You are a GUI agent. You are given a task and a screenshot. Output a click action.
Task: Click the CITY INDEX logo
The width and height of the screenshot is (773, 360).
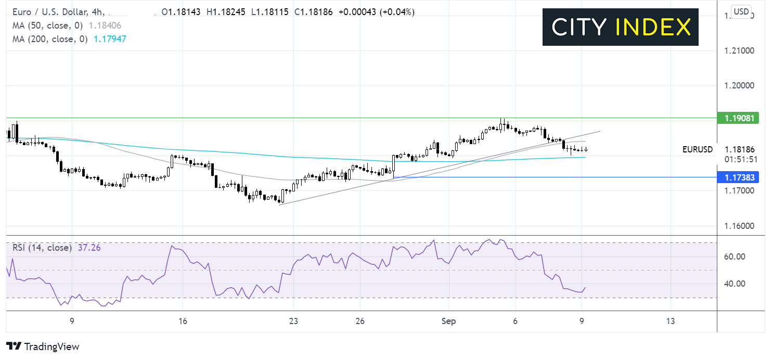621,27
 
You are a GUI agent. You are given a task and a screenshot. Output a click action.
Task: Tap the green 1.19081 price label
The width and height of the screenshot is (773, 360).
737,118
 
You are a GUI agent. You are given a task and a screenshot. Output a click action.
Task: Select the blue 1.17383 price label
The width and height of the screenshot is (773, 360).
737,177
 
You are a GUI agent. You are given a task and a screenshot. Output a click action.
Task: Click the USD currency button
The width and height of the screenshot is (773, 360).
740,11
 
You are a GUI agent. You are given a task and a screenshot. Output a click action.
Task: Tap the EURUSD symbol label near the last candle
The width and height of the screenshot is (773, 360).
698,150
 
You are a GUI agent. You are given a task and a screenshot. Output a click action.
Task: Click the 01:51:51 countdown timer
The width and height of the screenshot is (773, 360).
739,159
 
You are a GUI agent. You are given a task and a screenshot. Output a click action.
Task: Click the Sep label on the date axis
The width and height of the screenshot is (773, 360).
448,322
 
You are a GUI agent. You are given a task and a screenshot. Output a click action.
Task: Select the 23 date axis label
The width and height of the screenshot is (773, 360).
293,322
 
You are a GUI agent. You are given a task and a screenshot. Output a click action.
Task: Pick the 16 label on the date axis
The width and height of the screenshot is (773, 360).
183,322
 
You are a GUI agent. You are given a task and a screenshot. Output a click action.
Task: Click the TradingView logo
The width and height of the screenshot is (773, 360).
43,346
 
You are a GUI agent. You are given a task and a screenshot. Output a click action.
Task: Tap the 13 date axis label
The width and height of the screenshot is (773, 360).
671,322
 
